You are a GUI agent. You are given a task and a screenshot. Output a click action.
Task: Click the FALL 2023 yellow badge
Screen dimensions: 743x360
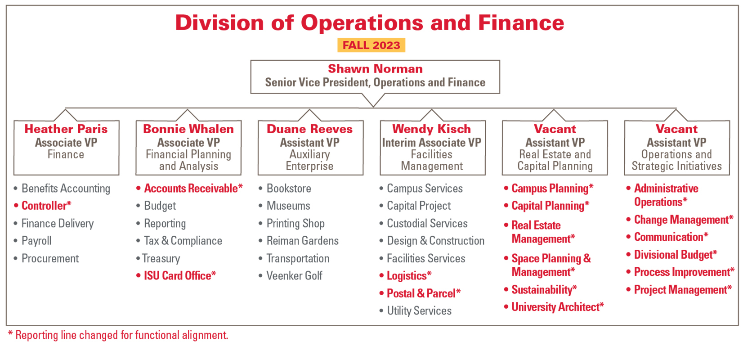[x=371, y=45]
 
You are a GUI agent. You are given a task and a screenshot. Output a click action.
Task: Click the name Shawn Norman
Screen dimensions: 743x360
[x=375, y=69]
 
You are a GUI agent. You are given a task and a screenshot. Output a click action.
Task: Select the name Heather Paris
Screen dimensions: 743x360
[x=66, y=129]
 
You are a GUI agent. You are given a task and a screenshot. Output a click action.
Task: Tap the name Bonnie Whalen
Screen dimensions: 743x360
[x=188, y=129]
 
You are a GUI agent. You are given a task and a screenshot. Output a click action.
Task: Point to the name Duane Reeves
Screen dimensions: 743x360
[x=309, y=129]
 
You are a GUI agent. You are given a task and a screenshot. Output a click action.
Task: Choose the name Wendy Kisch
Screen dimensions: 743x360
[x=431, y=129]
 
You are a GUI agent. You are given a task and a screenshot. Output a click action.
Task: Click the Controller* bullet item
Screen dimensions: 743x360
[x=46, y=206]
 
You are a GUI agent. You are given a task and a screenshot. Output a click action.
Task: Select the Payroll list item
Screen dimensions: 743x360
[x=36, y=241]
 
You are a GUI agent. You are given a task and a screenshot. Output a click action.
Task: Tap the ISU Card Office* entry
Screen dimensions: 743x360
[x=180, y=275]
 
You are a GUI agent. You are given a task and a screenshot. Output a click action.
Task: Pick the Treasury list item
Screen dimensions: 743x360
[x=161, y=258]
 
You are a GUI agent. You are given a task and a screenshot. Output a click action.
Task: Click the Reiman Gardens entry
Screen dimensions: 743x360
[x=303, y=241]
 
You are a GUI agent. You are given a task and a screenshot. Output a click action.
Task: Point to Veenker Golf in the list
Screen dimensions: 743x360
[x=295, y=275]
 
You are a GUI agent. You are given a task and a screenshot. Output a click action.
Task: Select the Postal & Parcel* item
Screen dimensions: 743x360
[x=424, y=293]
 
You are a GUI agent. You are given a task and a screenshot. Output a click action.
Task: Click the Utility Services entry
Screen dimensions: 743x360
[x=419, y=310]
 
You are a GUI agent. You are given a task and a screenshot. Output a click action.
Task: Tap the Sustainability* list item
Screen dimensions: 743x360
[x=544, y=290]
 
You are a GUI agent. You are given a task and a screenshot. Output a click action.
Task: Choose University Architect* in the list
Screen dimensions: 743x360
[x=558, y=307]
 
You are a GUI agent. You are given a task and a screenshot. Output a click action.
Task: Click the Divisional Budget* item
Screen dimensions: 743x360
[x=676, y=255]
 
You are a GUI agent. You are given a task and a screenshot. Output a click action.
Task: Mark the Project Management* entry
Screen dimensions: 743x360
[x=683, y=290]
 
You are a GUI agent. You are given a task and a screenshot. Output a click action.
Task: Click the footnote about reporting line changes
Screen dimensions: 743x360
[x=118, y=335]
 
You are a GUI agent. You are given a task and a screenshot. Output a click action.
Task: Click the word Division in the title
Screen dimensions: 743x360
[x=219, y=22]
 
